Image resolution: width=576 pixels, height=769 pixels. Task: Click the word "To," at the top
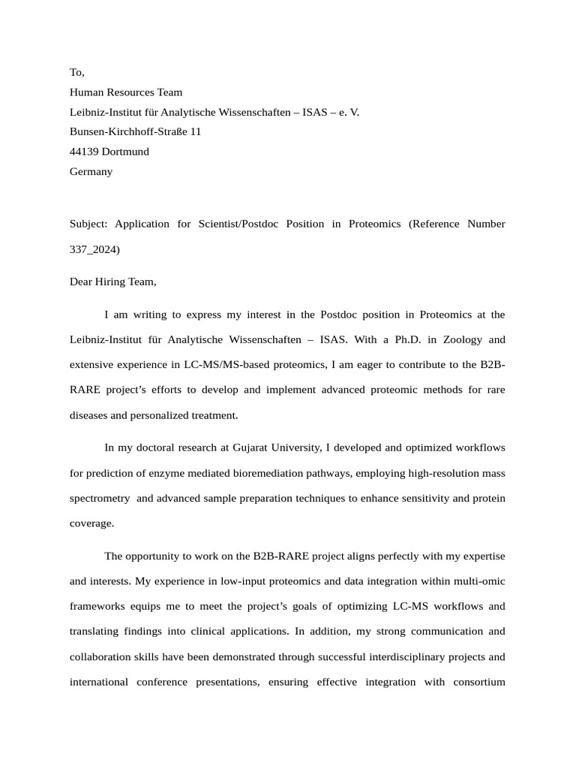[x=77, y=73]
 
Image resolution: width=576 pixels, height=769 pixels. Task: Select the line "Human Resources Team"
[x=126, y=92]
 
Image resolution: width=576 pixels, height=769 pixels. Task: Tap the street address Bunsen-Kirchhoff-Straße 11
[x=135, y=131]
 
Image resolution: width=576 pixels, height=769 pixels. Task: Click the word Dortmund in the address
[x=125, y=151]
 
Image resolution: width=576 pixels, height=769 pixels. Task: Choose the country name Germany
[x=91, y=171]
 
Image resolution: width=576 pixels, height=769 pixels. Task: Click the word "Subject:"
[x=89, y=224]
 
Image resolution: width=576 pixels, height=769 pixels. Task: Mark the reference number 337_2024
[x=94, y=249]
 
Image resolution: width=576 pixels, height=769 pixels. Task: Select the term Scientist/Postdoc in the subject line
[x=232, y=224]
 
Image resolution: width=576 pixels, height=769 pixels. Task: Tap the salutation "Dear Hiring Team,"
[x=113, y=282]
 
